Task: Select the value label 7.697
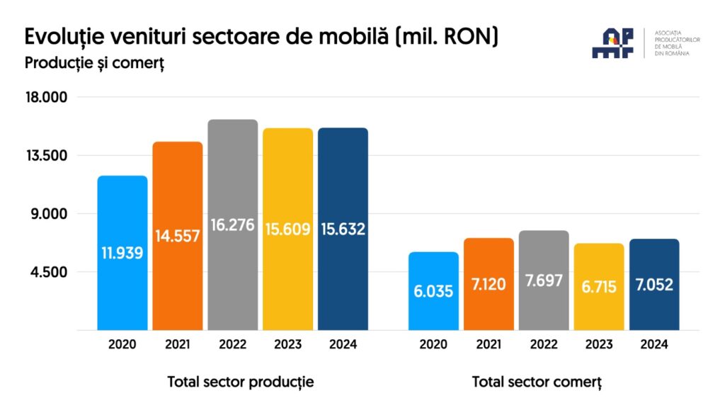tap(544, 280)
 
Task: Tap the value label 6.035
tap(433, 290)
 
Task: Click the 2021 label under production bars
tap(178, 345)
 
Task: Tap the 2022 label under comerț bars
tap(544, 345)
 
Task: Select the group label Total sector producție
tap(241, 382)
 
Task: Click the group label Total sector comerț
tap(537, 382)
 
